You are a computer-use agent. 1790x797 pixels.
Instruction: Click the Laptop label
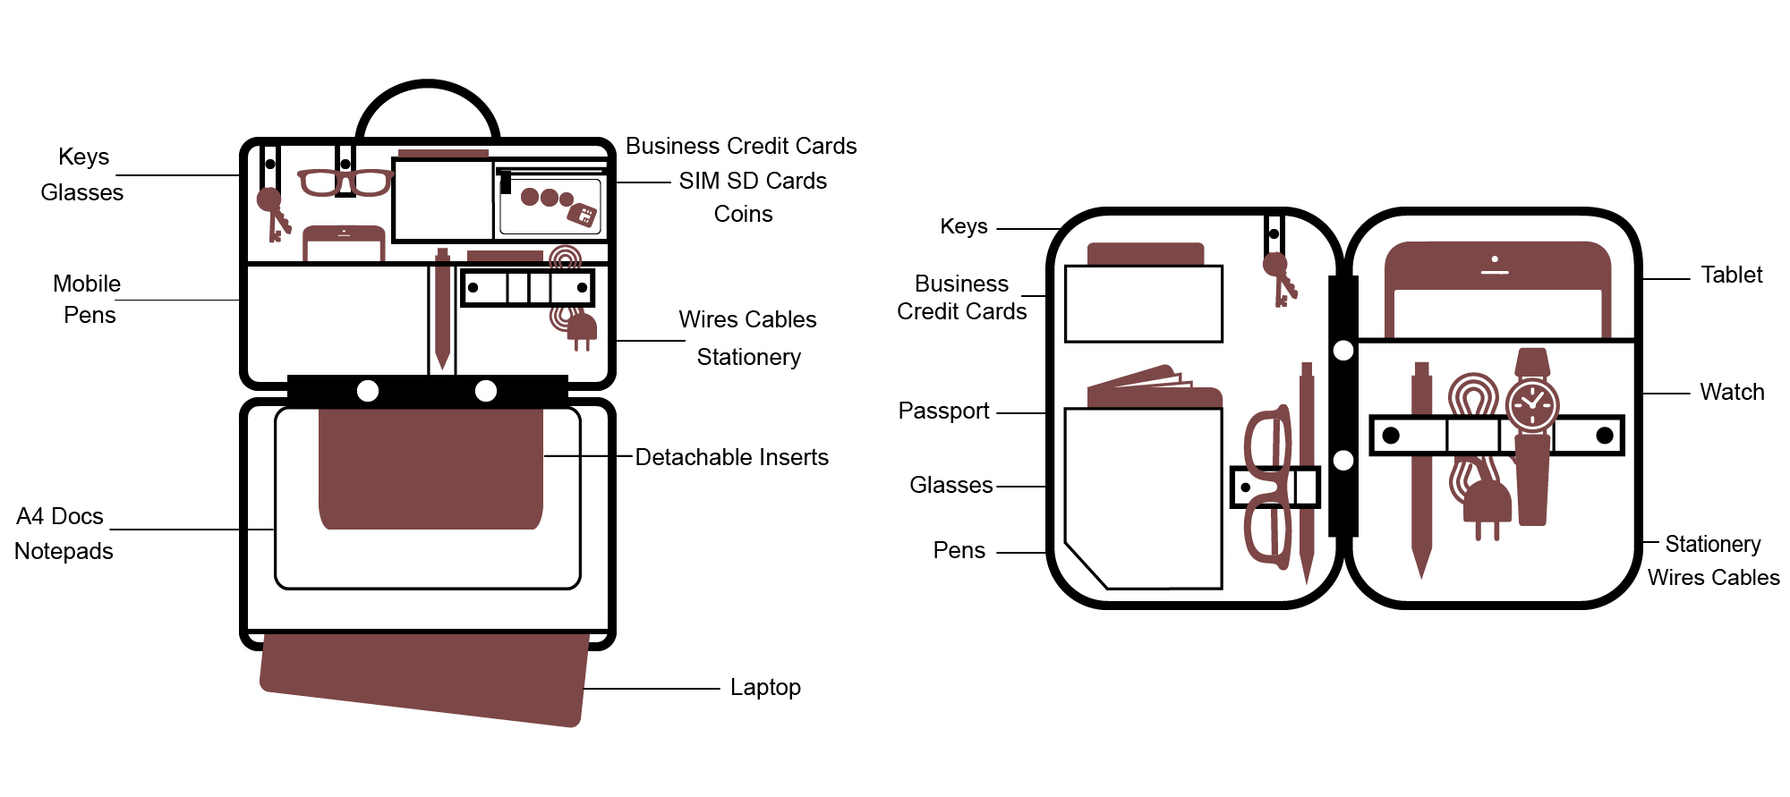765,687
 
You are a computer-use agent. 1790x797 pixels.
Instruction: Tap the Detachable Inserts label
731,457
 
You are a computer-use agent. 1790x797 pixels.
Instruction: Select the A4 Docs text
60,516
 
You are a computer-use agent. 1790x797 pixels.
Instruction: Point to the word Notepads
64,551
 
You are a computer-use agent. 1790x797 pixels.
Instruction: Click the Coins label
743,214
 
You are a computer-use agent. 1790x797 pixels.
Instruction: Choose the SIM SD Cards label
753,181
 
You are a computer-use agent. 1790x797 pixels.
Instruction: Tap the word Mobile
87,284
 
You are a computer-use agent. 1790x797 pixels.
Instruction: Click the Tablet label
1731,275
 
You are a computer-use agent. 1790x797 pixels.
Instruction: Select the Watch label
1732,392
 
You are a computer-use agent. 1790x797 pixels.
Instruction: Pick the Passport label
943,411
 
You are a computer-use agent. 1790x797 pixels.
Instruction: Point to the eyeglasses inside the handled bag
345,182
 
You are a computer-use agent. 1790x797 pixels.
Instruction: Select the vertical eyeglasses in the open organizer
1267,488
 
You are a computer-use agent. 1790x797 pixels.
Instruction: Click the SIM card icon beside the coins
583,214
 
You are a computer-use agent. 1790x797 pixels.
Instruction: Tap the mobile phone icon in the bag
344,242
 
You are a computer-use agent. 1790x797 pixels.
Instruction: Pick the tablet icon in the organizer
1497,286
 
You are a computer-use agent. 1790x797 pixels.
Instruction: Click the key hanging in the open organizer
1279,277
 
